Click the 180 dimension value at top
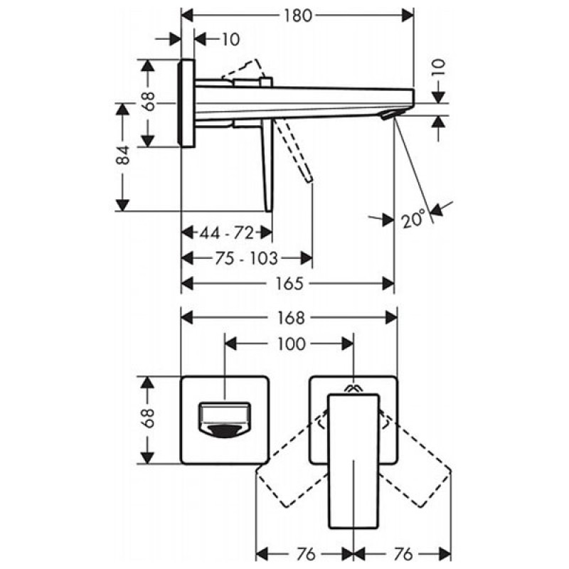pos(297,15)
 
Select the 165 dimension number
pos(289,283)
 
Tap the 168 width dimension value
pos(291,318)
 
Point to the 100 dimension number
pos(292,344)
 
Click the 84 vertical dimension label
pos(123,155)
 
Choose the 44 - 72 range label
pos(226,233)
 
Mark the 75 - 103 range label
pos(246,258)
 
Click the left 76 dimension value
pos(306,555)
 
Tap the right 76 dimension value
pos(403,555)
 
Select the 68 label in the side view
pos(149,101)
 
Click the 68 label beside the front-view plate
pos(149,418)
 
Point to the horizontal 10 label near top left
pos(230,39)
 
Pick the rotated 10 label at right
pos(438,68)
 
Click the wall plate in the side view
pos(186,103)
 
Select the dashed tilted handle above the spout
pos(242,70)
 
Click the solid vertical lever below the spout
pos(267,166)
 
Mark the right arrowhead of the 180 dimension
pos(408,16)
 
